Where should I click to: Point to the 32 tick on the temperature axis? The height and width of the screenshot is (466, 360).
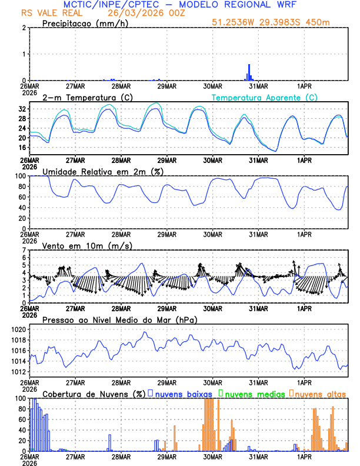[x=22, y=109]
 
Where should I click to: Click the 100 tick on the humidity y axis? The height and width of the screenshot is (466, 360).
[x=20, y=176]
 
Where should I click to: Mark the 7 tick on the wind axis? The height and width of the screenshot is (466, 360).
[x=24, y=250]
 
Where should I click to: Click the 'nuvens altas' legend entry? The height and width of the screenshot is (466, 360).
[x=321, y=394]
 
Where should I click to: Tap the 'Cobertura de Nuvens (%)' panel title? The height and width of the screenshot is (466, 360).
[x=94, y=394]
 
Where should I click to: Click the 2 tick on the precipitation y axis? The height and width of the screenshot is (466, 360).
[x=24, y=28]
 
